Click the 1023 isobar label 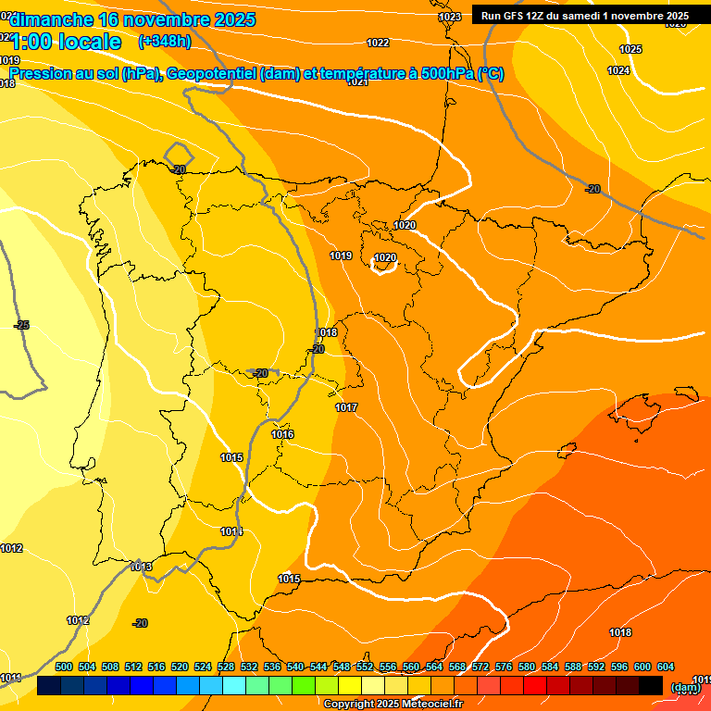point(450,17)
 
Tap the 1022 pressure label point(378,43)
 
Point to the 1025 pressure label point(630,49)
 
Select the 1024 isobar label point(618,70)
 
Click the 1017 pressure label point(346,407)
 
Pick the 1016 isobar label point(282,434)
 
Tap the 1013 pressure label point(141,567)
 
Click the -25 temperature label point(22,325)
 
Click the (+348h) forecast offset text point(164,42)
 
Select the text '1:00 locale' point(67,42)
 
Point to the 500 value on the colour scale point(64,667)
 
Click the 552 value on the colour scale point(365,667)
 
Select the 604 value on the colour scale point(665,667)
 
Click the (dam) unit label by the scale point(685,687)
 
